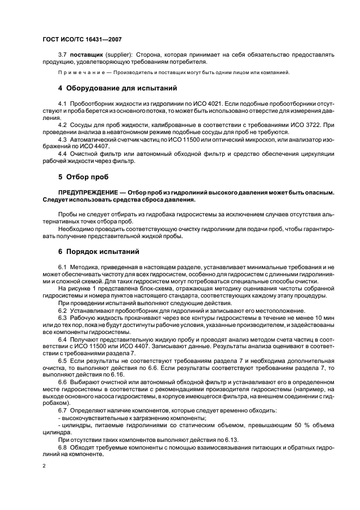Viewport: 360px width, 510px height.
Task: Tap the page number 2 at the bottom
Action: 44,466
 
